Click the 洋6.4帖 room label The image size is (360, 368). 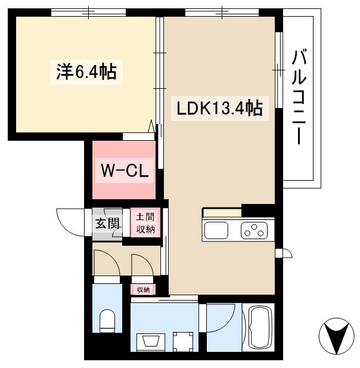86,72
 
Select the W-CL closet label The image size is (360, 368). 124,171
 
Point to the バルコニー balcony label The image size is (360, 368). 300,98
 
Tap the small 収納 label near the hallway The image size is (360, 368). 143,289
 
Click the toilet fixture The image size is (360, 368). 108,321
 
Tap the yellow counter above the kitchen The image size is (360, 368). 222,212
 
